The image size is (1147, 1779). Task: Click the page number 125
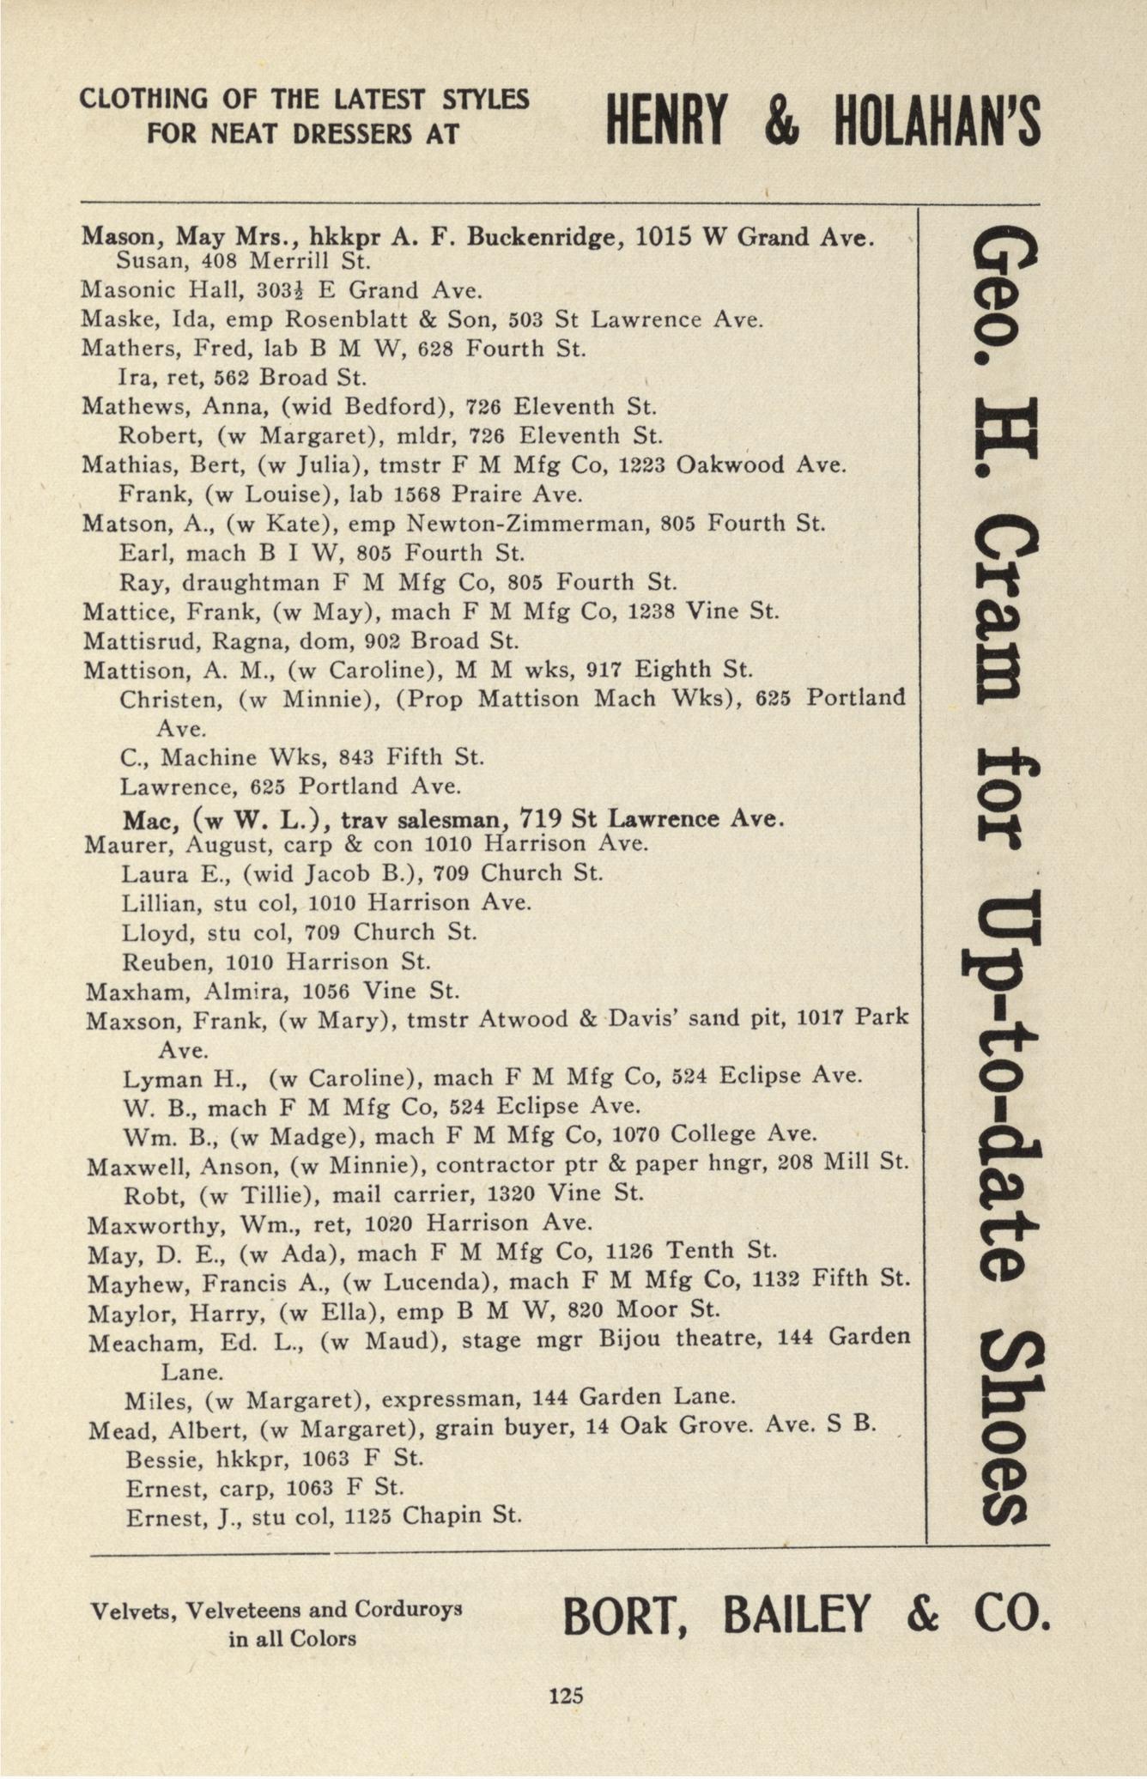tap(566, 1695)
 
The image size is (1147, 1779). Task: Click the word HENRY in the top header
tap(665, 121)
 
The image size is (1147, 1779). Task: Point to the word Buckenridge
tap(544, 237)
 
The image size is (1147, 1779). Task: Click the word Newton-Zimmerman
tap(525, 523)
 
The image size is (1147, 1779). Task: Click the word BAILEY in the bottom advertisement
tap(798, 1615)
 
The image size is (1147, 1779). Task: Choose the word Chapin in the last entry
tap(440, 1515)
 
